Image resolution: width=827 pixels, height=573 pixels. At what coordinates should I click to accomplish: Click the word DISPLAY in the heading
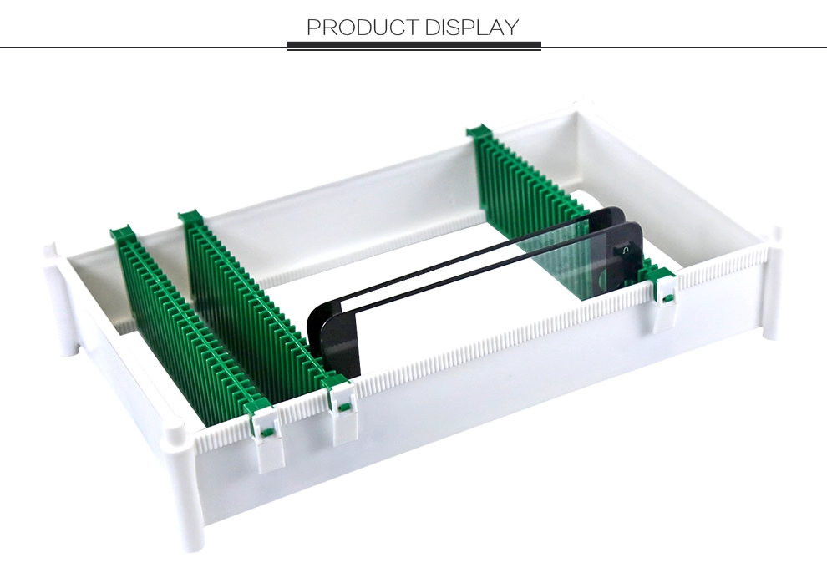pyautogui.click(x=472, y=27)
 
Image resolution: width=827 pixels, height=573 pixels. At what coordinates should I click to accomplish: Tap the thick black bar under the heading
pyautogui.click(x=413, y=46)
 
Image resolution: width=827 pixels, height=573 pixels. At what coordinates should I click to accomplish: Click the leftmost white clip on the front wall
pyautogui.click(x=268, y=438)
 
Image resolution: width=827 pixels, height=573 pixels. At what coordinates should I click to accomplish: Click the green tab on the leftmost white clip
pyautogui.click(x=267, y=434)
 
